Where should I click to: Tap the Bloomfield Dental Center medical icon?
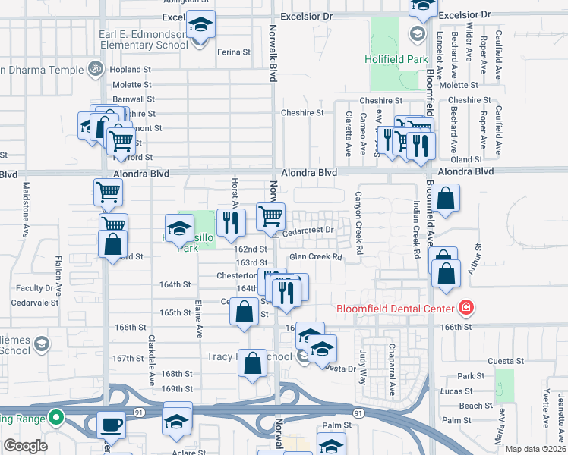pyautogui.click(x=465, y=308)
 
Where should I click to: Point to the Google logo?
pyautogui.click(x=25, y=446)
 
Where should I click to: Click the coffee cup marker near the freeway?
pyautogui.click(x=111, y=424)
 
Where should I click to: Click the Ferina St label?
pyautogui.click(x=233, y=52)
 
